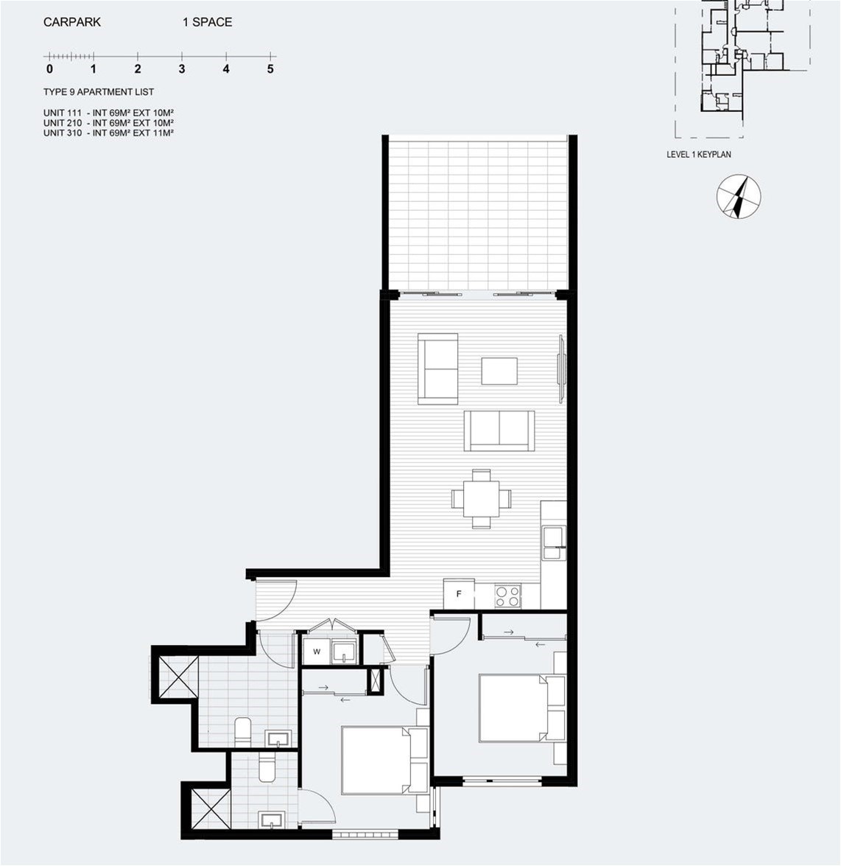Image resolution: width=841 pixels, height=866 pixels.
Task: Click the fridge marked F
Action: [x=459, y=594]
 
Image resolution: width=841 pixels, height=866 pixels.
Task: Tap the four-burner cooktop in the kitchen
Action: [x=507, y=596]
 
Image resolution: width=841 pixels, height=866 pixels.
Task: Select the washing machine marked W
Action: [x=316, y=652]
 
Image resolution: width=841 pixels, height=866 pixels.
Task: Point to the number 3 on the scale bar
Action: [x=182, y=69]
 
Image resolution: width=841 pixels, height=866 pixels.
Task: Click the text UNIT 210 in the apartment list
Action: [x=63, y=122]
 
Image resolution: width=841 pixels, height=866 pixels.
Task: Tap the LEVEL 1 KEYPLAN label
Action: [x=699, y=155]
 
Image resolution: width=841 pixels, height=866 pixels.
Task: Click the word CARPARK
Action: [x=72, y=22]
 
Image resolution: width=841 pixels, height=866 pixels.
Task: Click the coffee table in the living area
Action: [x=499, y=371]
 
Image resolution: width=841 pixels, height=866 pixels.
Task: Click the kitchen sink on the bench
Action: [x=554, y=543]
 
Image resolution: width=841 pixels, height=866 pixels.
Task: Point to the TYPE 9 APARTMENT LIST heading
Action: [x=99, y=92]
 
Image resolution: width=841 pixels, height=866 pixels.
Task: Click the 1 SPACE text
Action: [x=208, y=22]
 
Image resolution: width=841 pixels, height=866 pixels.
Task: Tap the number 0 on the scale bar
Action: [x=49, y=69]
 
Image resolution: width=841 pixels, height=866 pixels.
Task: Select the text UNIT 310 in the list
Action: [x=63, y=133]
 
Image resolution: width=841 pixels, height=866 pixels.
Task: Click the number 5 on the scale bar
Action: [x=270, y=69]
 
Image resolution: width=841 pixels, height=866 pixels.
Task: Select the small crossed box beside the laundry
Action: [x=376, y=680]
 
